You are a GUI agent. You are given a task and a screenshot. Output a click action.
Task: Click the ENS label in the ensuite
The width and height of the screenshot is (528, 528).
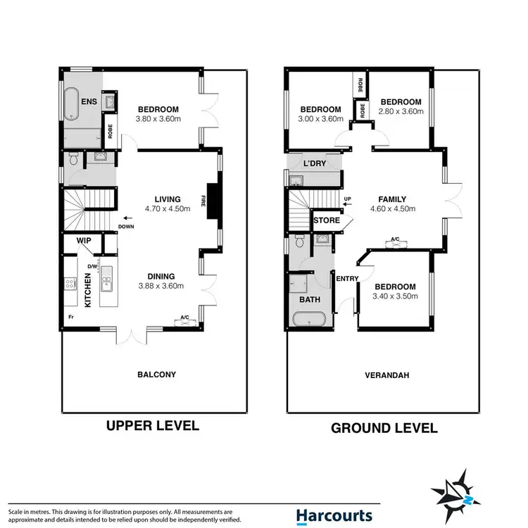89,102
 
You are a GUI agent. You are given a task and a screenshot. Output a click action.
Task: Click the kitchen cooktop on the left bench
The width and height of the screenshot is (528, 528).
70,284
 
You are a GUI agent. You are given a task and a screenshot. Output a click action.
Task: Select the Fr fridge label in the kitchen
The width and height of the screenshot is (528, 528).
70,318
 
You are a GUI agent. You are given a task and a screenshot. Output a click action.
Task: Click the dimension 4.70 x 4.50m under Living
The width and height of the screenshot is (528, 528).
163,208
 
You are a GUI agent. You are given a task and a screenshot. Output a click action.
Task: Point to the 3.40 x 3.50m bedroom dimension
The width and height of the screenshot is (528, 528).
395,296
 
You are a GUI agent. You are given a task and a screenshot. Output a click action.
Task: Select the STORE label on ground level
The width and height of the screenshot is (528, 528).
326,220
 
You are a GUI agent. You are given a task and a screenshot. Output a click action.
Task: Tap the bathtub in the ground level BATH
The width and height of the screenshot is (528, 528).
308,320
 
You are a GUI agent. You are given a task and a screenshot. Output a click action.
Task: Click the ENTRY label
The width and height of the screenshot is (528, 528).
348,279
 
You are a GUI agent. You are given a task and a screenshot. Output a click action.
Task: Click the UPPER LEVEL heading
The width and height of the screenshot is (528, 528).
152,426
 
